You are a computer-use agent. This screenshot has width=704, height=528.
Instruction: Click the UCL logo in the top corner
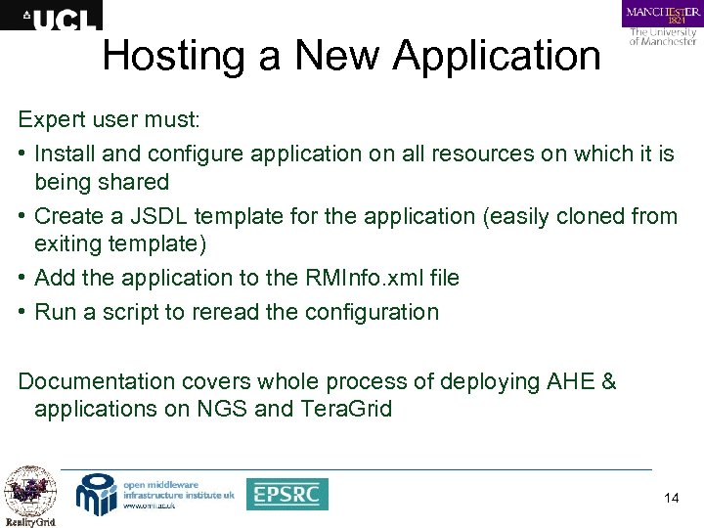click(x=51, y=16)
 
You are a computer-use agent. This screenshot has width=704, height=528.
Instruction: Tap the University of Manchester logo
click(x=662, y=22)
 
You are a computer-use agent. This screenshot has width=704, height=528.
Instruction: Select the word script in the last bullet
click(x=149, y=312)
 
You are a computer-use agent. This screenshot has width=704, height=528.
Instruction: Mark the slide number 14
click(x=671, y=498)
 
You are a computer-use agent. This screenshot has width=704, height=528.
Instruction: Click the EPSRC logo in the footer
click(x=286, y=494)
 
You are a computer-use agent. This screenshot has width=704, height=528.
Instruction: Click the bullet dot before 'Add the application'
click(x=22, y=278)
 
